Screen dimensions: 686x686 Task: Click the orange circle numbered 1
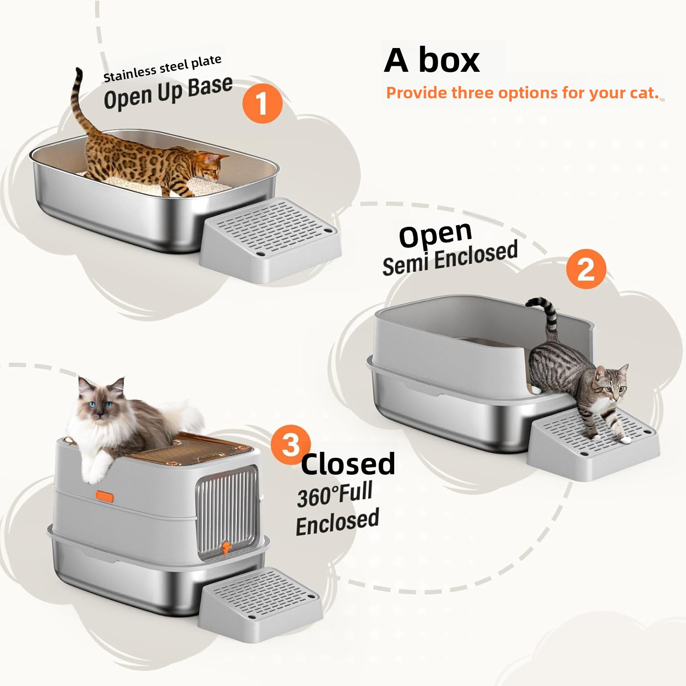[x=262, y=103]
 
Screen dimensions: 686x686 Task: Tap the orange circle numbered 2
[x=586, y=269]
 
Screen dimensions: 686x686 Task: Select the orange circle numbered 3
[x=290, y=445]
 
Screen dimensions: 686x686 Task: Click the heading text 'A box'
[x=432, y=60]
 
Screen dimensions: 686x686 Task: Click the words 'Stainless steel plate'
[x=162, y=69]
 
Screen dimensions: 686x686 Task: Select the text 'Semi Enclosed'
[x=450, y=258]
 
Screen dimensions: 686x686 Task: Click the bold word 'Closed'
[x=348, y=463]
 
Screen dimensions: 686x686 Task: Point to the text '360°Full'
[x=335, y=494]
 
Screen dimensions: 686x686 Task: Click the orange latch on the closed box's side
[x=104, y=496]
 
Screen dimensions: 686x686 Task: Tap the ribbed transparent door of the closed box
[x=226, y=508]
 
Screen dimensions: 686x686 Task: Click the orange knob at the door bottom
[x=225, y=547]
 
